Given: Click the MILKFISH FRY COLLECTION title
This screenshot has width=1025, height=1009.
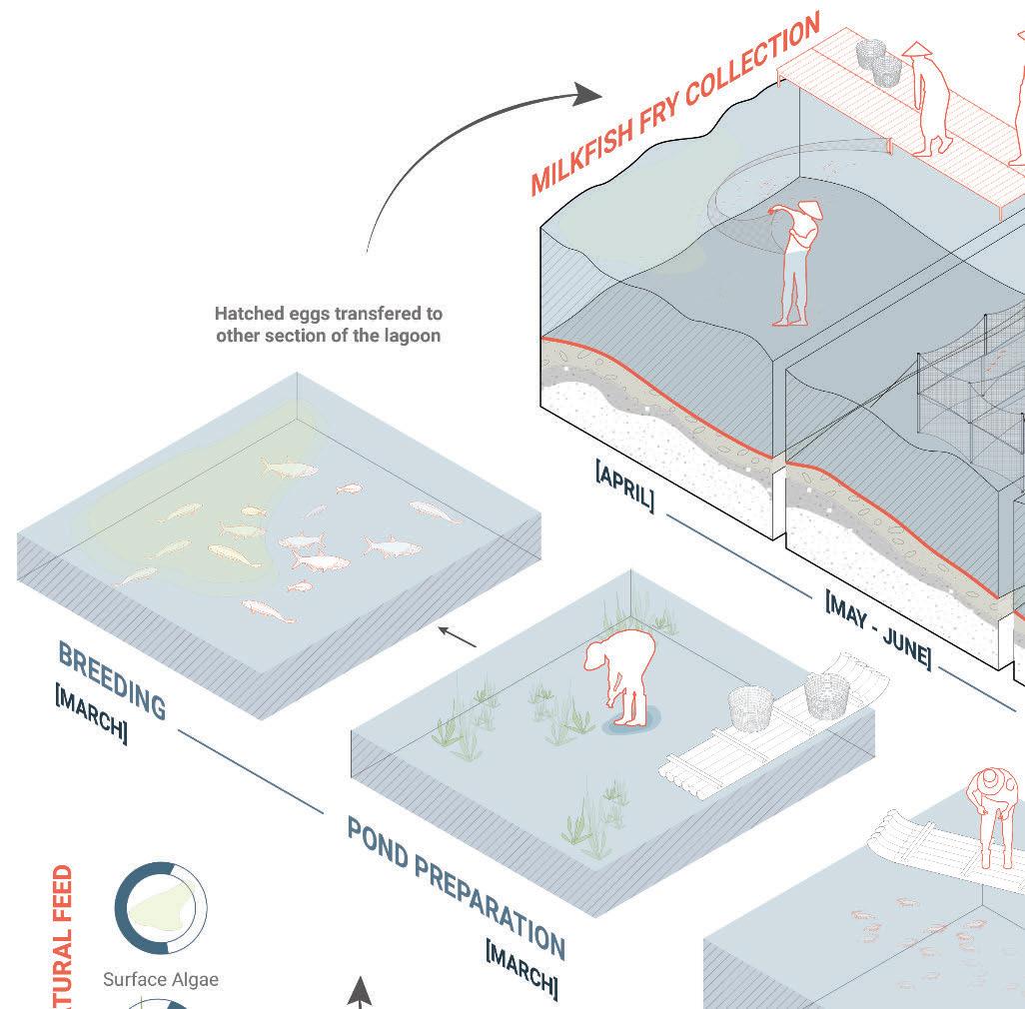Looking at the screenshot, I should coord(675,104).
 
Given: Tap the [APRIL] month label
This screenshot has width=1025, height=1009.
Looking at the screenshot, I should coord(626,487).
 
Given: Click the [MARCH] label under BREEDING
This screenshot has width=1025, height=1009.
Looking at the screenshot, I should coord(91,713).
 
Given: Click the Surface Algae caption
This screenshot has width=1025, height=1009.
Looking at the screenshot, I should coord(161,979).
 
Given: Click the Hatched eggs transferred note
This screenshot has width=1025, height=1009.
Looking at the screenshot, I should coord(329,325).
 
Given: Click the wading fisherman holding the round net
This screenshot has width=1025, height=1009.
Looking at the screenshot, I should coord(794,265).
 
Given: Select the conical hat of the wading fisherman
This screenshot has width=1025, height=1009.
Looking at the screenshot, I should coord(808,209).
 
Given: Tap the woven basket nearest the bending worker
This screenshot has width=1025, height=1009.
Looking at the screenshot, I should coord(750,708).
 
